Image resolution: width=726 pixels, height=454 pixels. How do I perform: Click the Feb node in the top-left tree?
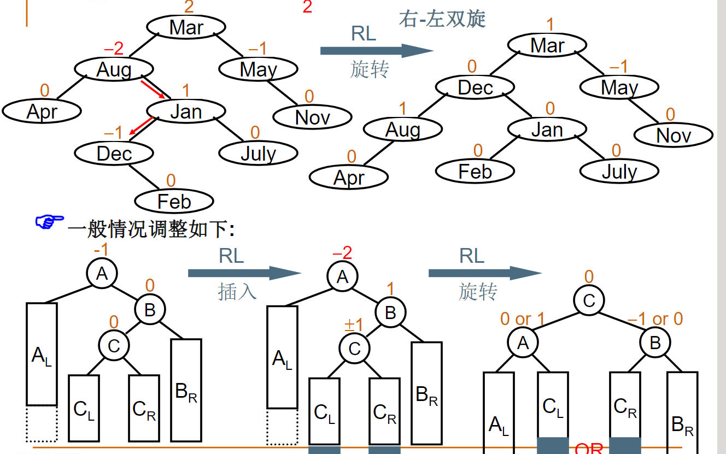pyautogui.click(x=174, y=202)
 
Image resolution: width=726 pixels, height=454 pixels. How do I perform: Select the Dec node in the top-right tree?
pyautogui.click(x=475, y=87)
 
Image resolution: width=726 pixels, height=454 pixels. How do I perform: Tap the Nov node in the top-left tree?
pyautogui.click(x=312, y=117)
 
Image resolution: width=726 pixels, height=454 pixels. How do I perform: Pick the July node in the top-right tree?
pyautogui.click(x=619, y=172)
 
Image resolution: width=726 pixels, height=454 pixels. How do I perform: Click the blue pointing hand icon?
pyautogui.click(x=49, y=222)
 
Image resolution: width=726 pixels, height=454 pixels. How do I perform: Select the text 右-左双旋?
pyautogui.click(x=442, y=19)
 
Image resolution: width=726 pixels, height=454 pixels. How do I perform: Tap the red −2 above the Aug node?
pyautogui.click(x=113, y=49)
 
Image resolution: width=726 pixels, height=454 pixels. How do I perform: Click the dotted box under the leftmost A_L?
pyautogui.click(x=42, y=423)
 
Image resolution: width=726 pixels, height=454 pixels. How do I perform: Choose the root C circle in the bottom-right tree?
pyautogui.click(x=588, y=300)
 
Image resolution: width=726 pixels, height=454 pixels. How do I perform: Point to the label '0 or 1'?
pyautogui.click(x=523, y=319)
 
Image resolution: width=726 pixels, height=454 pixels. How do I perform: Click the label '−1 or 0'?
pyautogui.click(x=655, y=319)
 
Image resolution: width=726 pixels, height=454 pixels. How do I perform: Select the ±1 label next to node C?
pyautogui.click(x=354, y=326)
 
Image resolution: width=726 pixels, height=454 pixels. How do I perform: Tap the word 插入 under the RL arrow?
pyautogui.click(x=237, y=291)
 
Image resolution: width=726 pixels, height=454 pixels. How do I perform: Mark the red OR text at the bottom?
pyautogui.click(x=589, y=449)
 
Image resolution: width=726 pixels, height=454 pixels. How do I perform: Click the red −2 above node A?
pyautogui.click(x=342, y=253)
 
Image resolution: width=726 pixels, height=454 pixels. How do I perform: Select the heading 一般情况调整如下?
pyautogui.click(x=151, y=228)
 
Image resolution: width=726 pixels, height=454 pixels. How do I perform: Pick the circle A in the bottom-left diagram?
pyautogui.click(x=102, y=273)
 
